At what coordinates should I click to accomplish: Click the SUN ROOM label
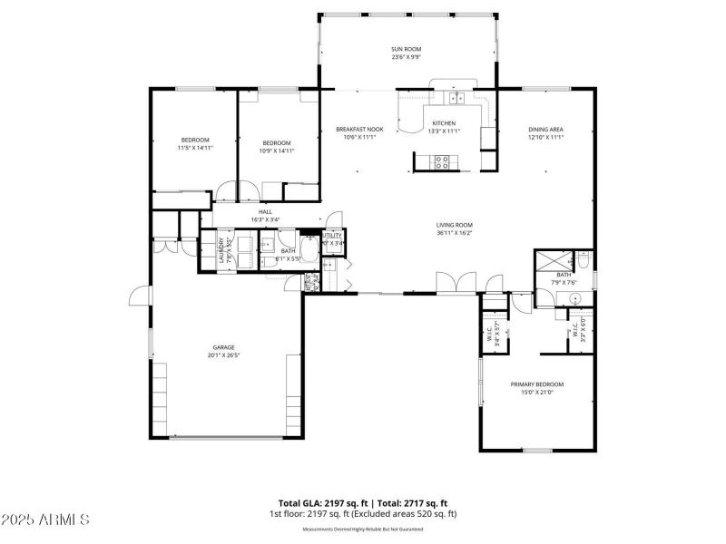(406, 49)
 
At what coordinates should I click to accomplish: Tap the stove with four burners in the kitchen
(443, 162)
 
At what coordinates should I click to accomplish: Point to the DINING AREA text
(546, 130)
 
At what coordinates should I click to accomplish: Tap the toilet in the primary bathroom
(584, 261)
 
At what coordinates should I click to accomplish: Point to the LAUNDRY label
(221, 249)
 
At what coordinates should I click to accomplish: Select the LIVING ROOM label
(455, 225)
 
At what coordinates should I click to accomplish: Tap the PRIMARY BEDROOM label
(537, 384)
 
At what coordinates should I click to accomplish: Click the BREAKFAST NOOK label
(359, 130)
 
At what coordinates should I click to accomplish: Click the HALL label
(265, 211)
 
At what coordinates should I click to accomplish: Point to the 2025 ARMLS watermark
(45, 520)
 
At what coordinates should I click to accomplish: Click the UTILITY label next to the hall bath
(332, 235)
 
